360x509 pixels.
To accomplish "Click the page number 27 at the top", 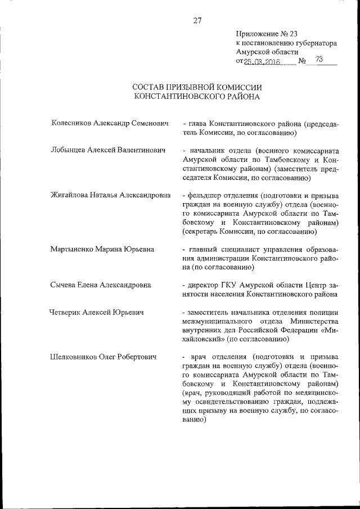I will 197,21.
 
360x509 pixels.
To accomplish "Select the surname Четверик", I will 66,312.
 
